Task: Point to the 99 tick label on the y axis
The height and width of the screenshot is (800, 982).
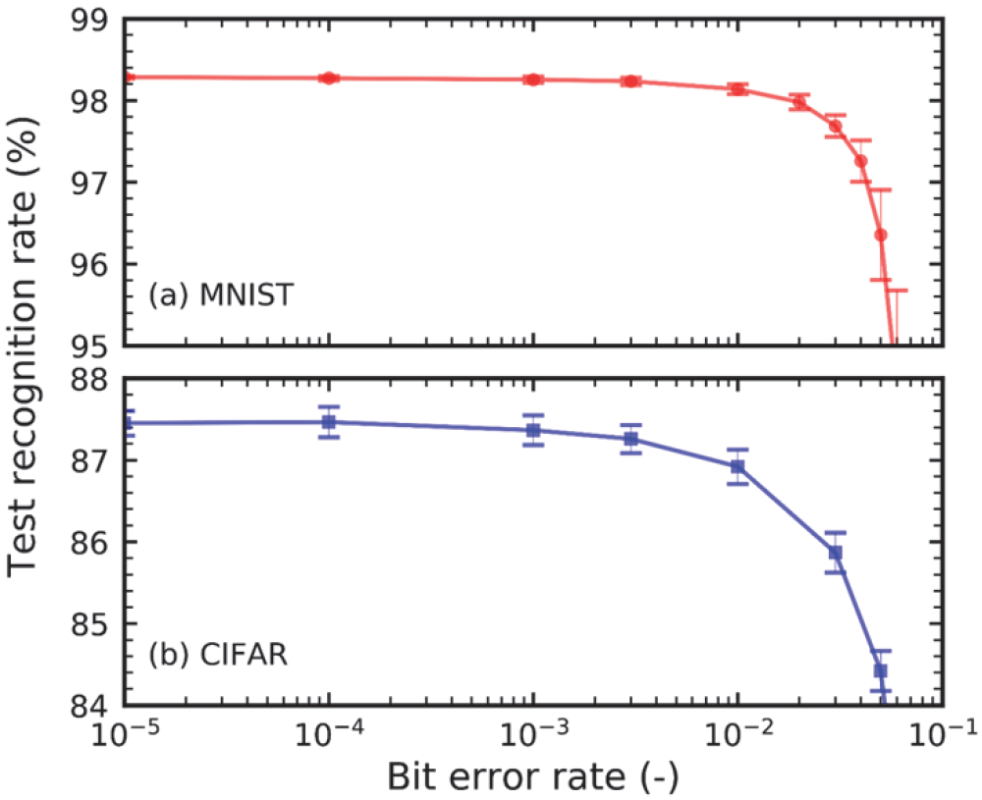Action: point(90,20)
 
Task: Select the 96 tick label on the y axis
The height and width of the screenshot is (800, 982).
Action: point(90,265)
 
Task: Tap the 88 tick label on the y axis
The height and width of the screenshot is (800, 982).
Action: point(90,379)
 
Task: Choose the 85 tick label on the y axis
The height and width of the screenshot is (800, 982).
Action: point(90,624)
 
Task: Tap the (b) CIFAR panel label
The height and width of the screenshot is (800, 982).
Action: point(217,654)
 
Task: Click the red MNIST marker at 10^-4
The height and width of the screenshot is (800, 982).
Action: point(329,78)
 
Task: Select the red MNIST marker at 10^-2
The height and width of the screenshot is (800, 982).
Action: point(737,88)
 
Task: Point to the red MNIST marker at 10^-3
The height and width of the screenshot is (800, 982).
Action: point(533,80)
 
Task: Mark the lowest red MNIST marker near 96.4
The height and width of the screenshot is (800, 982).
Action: point(881,235)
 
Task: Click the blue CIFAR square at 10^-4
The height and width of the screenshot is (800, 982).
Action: point(329,422)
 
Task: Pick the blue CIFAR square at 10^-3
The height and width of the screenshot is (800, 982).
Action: point(533,430)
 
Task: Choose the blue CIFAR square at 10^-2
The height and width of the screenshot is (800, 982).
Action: point(737,466)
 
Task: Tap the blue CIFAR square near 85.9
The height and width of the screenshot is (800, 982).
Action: point(835,553)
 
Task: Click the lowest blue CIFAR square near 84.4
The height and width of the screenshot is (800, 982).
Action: point(881,670)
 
